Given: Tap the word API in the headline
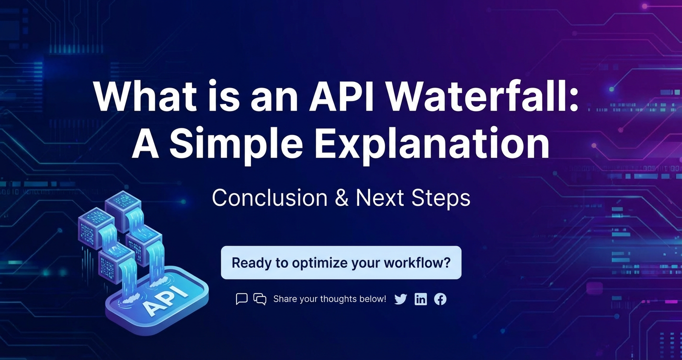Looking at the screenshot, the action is [341, 97].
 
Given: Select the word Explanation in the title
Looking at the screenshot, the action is [432, 143].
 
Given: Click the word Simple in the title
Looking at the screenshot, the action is [236, 143].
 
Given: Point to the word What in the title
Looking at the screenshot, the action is [145, 97].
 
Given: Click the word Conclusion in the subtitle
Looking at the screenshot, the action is [270, 198].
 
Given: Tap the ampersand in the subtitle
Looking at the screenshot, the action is [341, 198].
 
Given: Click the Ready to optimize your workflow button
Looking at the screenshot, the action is [341, 263].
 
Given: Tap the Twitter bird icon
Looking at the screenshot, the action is [400, 299].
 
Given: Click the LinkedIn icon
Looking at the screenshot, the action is [421, 299].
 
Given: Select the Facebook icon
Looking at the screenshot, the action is [440, 299].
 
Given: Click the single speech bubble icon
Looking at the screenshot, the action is [241, 299].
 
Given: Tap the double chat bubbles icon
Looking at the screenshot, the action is [260, 299].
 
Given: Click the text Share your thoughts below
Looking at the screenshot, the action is [330, 299].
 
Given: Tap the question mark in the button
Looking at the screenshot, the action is [447, 263].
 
